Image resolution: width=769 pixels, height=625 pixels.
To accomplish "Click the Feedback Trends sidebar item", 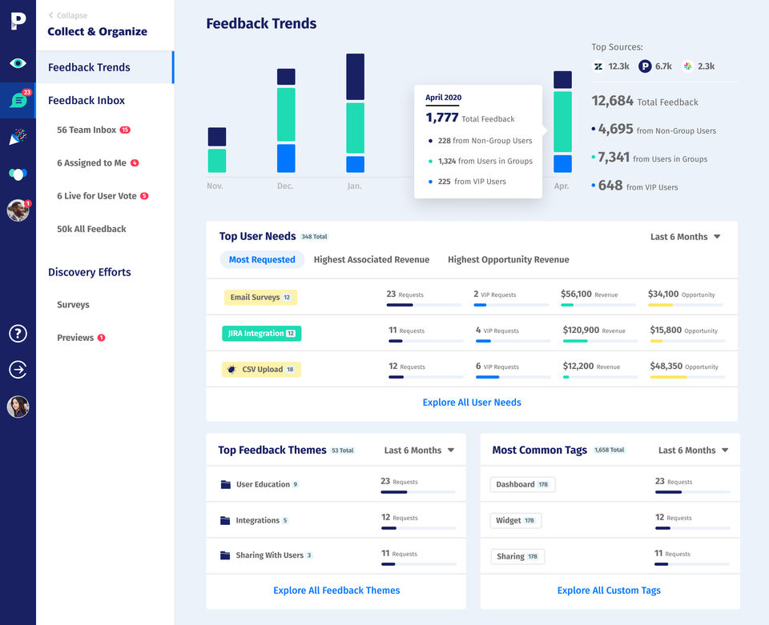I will click(89, 67).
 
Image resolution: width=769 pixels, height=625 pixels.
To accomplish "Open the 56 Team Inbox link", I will click(87, 130).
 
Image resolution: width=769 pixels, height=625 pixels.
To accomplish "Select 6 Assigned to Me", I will click(91, 162).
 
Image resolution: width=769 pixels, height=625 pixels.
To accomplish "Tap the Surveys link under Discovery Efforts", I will click(73, 305).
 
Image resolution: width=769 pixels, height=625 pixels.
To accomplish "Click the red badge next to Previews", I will click(102, 338).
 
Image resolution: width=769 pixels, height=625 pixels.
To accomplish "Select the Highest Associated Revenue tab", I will click(371, 259).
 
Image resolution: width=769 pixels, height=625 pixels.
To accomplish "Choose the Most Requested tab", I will click(262, 259).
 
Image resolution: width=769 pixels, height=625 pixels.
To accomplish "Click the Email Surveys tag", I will click(260, 297).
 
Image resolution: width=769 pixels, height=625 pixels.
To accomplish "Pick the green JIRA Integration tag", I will click(261, 333).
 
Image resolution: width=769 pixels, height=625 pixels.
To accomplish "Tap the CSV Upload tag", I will click(261, 370).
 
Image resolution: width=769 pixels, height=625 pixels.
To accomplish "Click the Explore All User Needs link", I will click(472, 403).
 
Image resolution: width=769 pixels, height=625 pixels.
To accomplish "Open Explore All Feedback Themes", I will click(336, 591).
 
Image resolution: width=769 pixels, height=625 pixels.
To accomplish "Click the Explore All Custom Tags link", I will click(609, 591).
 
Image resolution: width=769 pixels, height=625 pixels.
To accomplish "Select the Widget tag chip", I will click(515, 520).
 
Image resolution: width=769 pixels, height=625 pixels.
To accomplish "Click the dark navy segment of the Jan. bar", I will click(355, 77).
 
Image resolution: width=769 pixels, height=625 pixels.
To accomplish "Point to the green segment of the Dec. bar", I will click(286, 114).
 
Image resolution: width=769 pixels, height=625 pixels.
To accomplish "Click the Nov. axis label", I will click(215, 186).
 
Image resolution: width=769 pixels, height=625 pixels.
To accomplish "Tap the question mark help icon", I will click(18, 334).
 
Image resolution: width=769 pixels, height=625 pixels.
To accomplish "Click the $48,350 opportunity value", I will click(665, 366).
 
